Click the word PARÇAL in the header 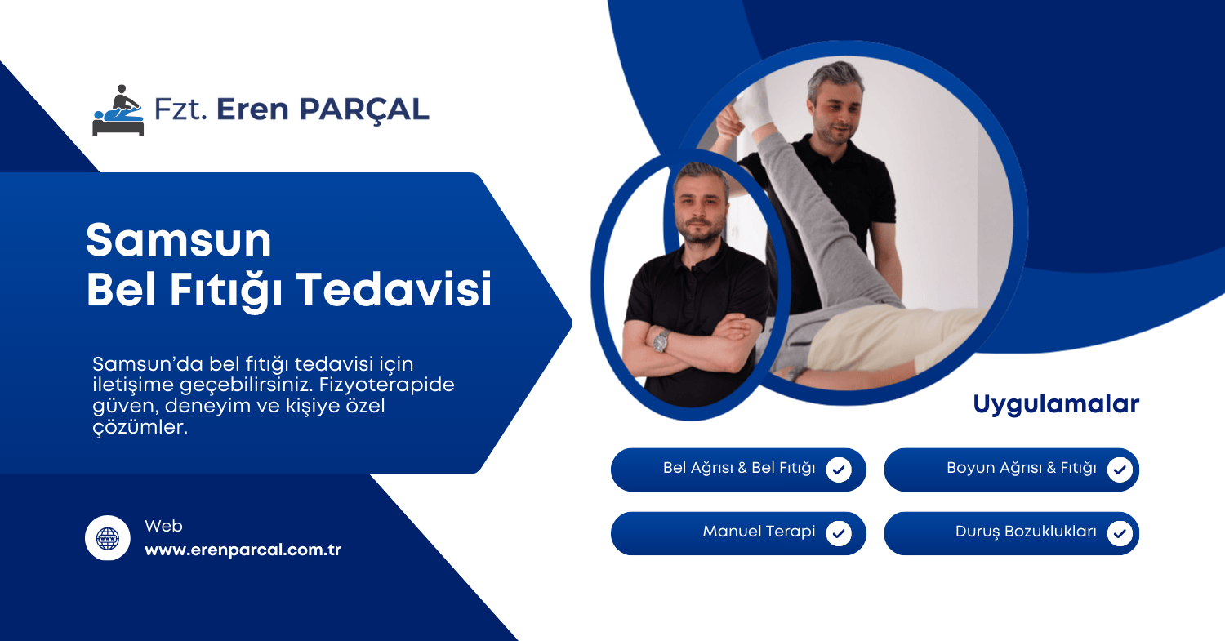[x=364, y=110]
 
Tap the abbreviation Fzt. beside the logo [x=180, y=109]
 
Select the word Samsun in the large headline [x=179, y=241]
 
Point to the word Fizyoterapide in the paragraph [x=386, y=385]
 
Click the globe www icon [x=108, y=538]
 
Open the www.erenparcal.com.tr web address [x=243, y=550]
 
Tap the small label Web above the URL [x=163, y=526]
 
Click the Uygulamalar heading [x=1056, y=405]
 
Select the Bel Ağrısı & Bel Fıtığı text [x=739, y=469]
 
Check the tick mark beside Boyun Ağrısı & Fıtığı [x=1120, y=470]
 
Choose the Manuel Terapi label [x=759, y=532]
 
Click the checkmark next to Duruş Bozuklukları [x=1120, y=533]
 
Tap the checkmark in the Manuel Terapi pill [x=839, y=533]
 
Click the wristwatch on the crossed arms [x=661, y=341]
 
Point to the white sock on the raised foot [x=755, y=105]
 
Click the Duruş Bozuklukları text [x=1026, y=532]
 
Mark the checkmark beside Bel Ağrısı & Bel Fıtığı [x=839, y=470]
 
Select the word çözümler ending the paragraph [x=140, y=428]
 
